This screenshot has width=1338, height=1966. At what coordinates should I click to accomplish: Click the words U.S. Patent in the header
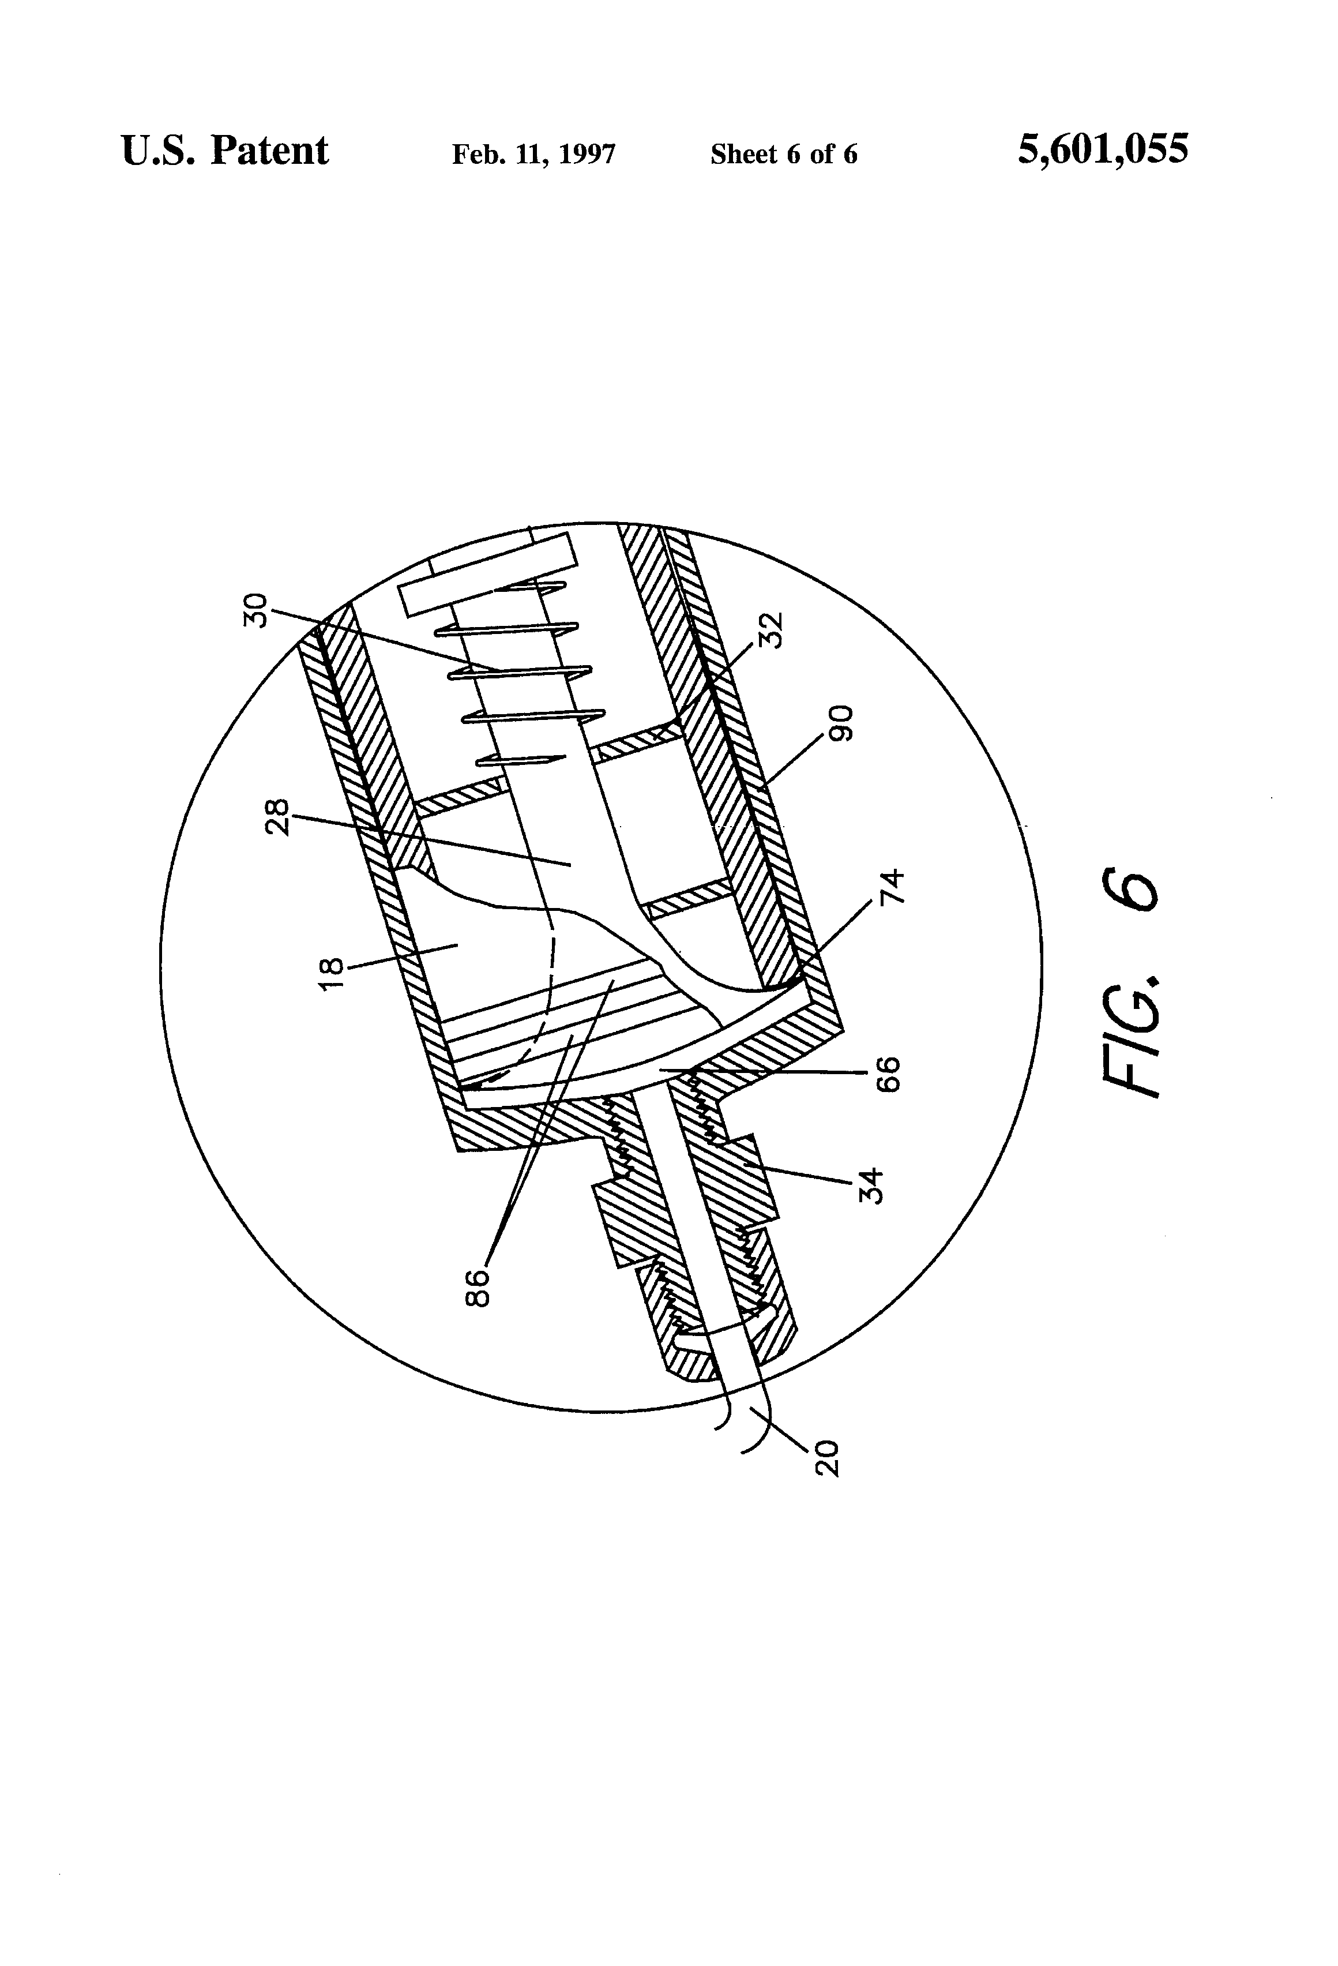coord(224,151)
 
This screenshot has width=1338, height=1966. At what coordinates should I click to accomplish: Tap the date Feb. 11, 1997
coord(533,154)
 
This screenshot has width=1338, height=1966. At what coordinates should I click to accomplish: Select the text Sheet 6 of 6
coord(783,154)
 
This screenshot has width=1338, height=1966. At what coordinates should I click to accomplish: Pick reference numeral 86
coord(478,1288)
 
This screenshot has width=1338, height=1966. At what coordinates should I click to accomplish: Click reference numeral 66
coord(888,1074)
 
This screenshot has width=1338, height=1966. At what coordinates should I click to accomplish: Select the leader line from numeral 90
coord(792,761)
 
